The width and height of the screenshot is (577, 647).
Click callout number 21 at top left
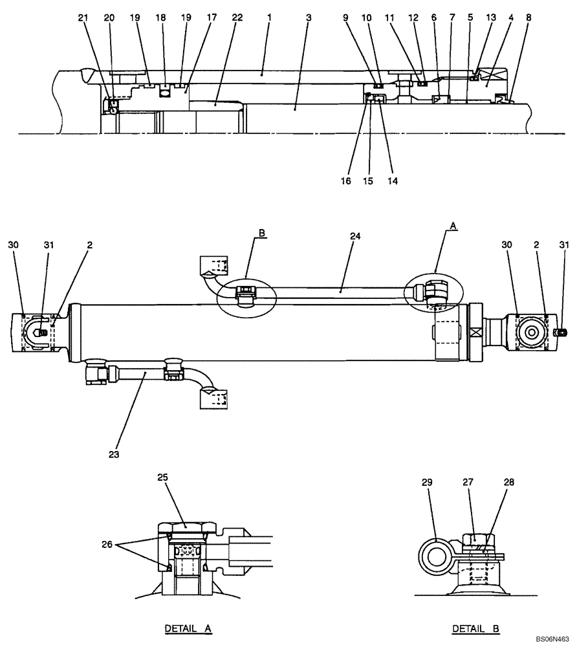82,18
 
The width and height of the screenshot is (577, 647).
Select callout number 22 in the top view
237,18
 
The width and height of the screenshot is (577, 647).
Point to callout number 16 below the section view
347,181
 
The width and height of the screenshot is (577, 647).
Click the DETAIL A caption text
188,628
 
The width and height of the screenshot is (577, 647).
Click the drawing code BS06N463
552,639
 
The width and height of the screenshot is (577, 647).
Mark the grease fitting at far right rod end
561,333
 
